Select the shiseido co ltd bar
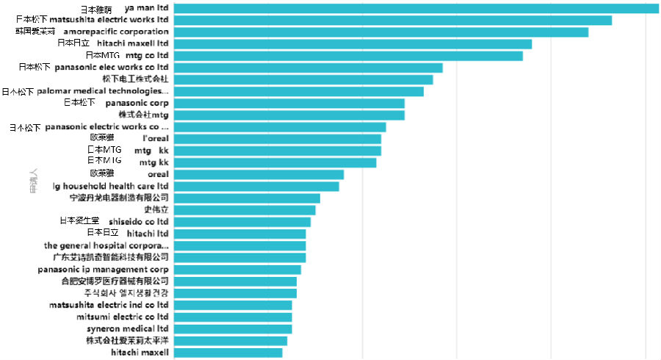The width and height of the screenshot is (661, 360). click(242, 221)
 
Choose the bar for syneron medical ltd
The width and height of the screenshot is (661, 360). click(232, 328)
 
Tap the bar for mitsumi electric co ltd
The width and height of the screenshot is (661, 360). click(232, 317)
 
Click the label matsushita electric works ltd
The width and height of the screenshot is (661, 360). click(93, 20)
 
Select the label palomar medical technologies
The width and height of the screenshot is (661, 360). click(85, 91)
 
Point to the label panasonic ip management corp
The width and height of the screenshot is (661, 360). click(103, 269)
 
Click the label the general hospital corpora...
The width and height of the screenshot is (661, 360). click(106, 245)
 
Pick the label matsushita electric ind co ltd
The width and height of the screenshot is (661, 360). click(109, 305)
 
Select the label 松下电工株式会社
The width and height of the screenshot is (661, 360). click(135, 79)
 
